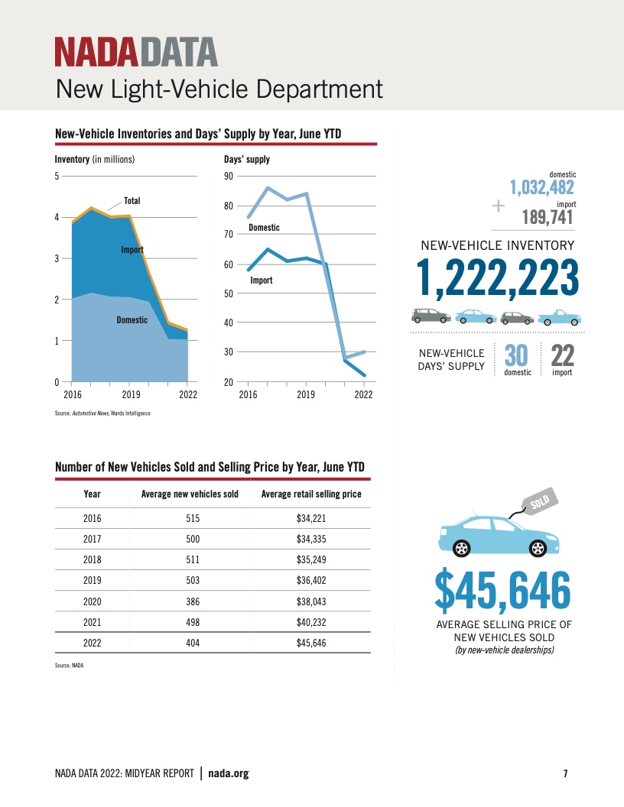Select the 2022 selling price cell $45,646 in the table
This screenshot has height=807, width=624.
[x=311, y=643]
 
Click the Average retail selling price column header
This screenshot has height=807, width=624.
[x=311, y=494]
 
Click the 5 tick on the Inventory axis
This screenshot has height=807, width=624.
[x=57, y=177]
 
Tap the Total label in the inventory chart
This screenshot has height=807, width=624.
[x=132, y=201]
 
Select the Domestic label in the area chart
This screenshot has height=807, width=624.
[x=132, y=320]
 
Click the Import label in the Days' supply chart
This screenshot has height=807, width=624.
[x=262, y=281]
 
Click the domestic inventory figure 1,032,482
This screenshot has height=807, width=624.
[x=542, y=186]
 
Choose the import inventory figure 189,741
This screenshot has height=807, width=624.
[x=548, y=217]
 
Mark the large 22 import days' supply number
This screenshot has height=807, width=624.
[x=562, y=355]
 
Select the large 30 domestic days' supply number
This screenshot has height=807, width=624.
[x=518, y=355]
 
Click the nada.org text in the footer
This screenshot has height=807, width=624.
[x=229, y=773]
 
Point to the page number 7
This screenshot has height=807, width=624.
[x=565, y=773]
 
